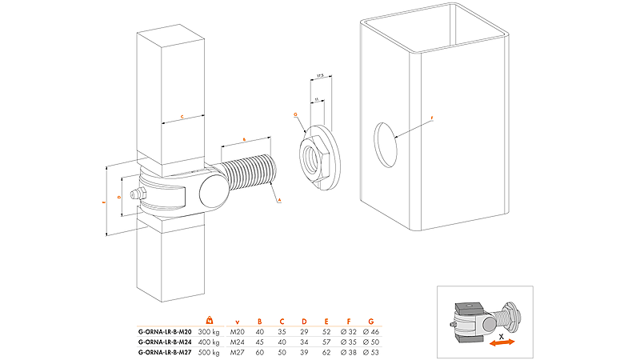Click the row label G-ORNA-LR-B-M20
pos(166,331)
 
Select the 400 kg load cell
pos(210,342)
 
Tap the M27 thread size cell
pos(238,352)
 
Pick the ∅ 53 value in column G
pos(370,352)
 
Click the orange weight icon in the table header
pos(210,321)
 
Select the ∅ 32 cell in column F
pos(347,331)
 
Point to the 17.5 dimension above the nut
pos(318,76)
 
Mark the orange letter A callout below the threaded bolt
pos(278,202)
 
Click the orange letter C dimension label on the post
pos(182,117)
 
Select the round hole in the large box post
pos(386,144)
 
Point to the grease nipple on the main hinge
pos(135,194)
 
